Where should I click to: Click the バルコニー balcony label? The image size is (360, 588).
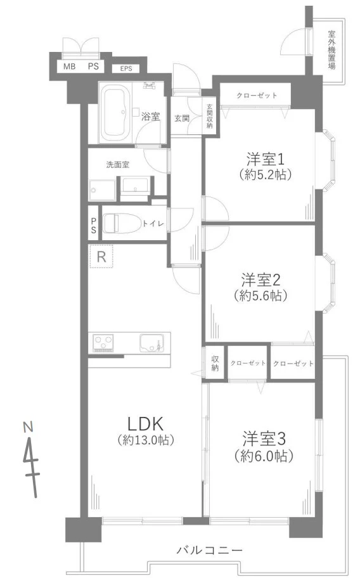point(209,550)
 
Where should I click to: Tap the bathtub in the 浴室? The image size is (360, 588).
point(116,112)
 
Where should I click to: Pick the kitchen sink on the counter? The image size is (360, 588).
point(151,343)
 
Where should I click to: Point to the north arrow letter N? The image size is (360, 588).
point(27,426)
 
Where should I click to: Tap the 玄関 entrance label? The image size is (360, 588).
point(182,117)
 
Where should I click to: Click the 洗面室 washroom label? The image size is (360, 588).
point(118,165)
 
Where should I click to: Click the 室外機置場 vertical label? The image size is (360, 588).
point(332,50)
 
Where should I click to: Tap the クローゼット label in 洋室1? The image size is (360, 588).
point(257,96)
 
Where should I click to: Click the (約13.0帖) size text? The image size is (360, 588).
point(146,440)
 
